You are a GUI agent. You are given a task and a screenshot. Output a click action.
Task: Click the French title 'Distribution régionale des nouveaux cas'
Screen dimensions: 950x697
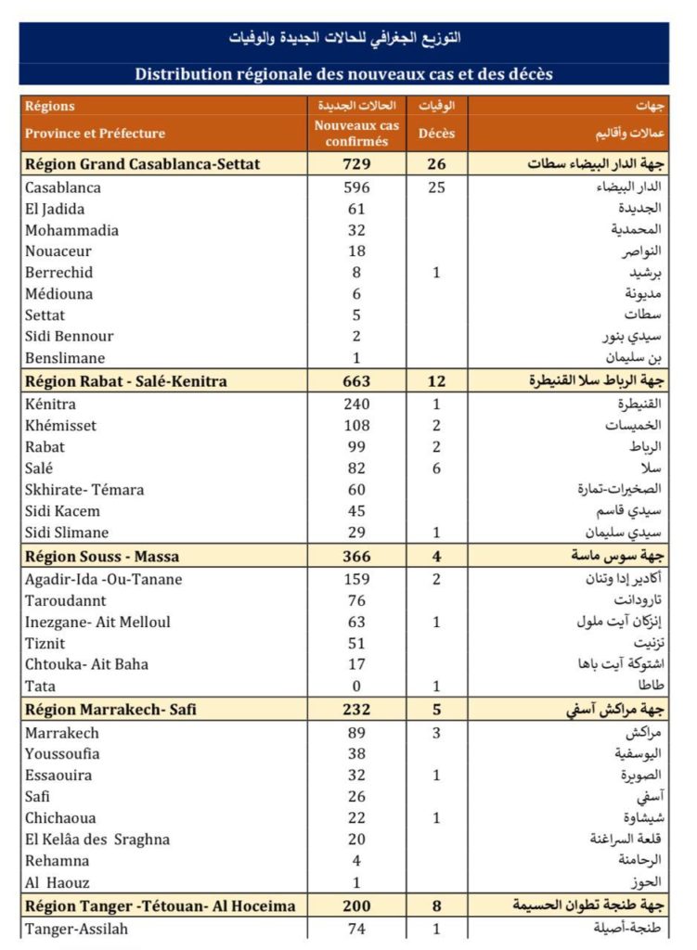coord(343,73)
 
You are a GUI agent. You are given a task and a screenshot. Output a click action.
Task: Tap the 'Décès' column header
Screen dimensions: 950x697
coord(436,133)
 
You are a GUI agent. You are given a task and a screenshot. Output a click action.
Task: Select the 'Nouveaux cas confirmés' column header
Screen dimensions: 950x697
coord(356,133)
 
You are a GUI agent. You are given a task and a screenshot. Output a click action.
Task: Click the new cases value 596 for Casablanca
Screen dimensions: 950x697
coord(356,187)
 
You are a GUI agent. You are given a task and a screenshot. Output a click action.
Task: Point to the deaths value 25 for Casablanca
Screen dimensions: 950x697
coord(436,187)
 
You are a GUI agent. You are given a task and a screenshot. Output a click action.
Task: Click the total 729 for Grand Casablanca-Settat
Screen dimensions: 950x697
coord(356,164)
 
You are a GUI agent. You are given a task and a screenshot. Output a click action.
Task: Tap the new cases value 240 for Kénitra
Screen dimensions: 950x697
coord(356,404)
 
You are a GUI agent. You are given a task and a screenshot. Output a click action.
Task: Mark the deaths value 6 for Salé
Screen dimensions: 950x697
coord(436,469)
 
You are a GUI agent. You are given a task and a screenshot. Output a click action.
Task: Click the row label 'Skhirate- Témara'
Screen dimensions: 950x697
coord(84,490)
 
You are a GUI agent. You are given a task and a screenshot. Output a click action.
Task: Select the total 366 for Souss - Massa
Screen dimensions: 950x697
coord(356,557)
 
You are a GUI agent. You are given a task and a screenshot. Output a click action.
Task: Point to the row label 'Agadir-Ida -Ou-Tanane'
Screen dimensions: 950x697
coord(103,580)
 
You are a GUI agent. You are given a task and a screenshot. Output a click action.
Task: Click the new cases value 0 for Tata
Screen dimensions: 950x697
coord(356,687)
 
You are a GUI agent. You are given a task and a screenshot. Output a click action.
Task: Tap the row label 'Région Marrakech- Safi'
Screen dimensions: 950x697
coord(110,710)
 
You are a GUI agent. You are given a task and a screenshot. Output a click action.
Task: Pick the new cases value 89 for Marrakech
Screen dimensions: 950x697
coord(356,733)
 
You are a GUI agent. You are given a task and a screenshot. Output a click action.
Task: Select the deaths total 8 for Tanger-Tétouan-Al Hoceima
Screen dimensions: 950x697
coord(436,906)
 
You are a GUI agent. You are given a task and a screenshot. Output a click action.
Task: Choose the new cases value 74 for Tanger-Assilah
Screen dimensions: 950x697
coord(356,929)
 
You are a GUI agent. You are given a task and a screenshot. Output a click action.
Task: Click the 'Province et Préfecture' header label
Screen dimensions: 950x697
coord(95,134)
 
